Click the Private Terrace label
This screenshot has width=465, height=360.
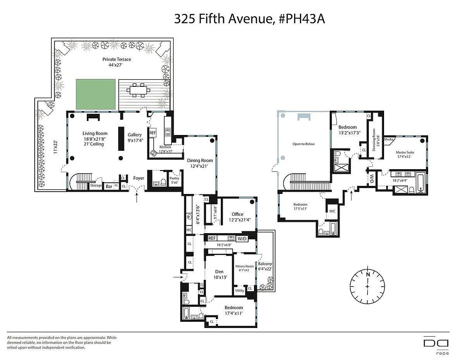(x=116, y=62)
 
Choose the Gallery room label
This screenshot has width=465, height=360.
(x=134, y=135)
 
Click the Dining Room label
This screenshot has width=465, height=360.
(x=200, y=161)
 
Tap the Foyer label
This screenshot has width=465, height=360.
(x=139, y=178)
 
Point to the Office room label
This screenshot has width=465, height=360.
(x=237, y=214)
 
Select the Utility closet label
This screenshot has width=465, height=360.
(x=240, y=291)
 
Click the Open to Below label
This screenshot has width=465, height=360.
(x=304, y=144)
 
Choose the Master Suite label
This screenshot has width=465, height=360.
(x=405, y=153)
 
